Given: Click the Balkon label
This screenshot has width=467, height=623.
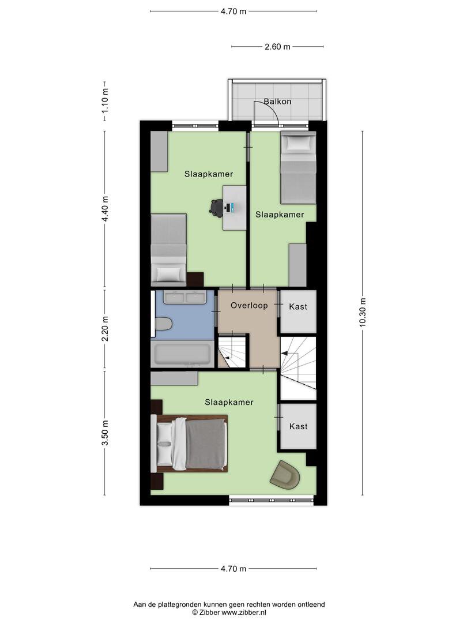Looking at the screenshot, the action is click(x=277, y=102).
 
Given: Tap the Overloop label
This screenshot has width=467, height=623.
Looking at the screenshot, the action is click(x=250, y=306).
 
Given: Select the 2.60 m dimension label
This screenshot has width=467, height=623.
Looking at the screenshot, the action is click(x=277, y=47).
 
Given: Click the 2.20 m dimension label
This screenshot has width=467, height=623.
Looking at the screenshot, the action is click(x=105, y=329).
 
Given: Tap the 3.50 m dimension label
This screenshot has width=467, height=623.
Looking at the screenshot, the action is click(x=105, y=433).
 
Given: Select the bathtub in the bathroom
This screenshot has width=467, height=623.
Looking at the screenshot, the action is click(x=182, y=354).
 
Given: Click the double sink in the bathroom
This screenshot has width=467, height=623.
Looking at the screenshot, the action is click(x=184, y=297).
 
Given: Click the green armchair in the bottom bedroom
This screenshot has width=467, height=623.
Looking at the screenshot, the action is click(x=285, y=475).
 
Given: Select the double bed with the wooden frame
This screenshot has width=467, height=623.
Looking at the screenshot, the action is click(x=189, y=444).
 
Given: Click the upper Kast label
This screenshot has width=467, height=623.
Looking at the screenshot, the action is click(x=298, y=307).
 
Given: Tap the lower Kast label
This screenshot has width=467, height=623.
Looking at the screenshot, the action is click(x=298, y=426).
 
